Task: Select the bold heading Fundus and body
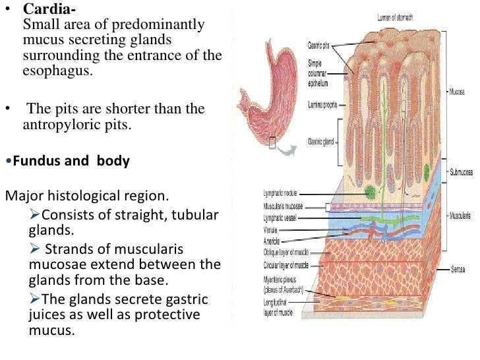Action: pos(68,161)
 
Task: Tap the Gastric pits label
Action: pos(320,46)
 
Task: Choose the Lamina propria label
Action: pos(322,104)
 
